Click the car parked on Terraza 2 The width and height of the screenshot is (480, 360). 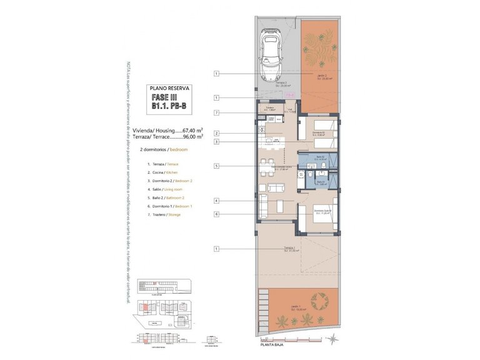point(274,54)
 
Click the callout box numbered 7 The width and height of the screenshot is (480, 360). point(216,112)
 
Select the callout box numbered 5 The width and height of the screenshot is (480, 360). point(216,166)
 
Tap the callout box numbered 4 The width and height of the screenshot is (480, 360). point(216,201)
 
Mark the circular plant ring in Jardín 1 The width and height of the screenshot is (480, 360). point(321,302)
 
